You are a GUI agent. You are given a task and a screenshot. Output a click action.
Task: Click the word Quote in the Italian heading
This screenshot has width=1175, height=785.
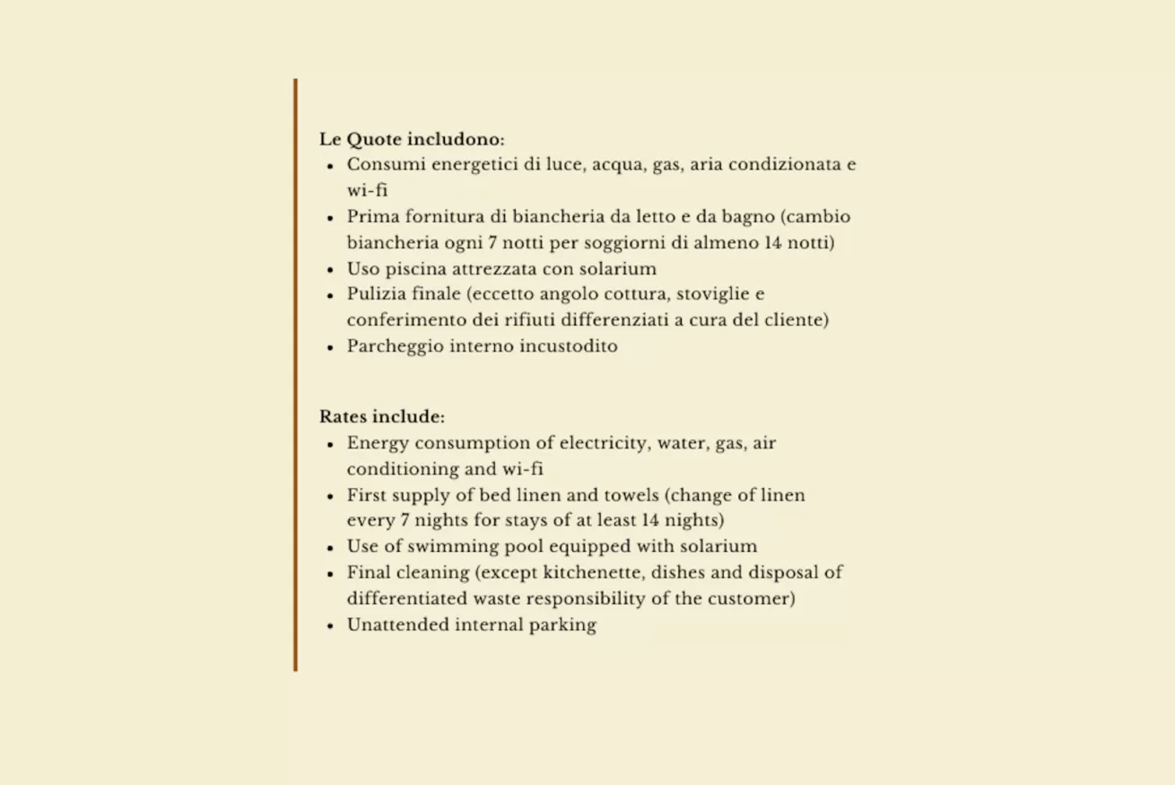(x=374, y=140)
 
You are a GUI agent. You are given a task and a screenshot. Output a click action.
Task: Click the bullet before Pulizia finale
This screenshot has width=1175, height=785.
(x=330, y=295)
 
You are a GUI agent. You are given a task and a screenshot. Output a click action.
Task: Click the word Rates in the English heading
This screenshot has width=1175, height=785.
(x=342, y=417)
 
